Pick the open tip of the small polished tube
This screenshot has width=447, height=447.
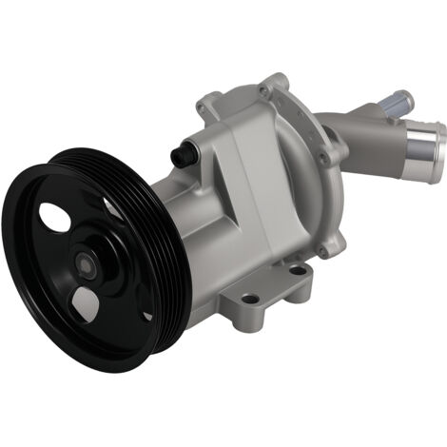point(405,96)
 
